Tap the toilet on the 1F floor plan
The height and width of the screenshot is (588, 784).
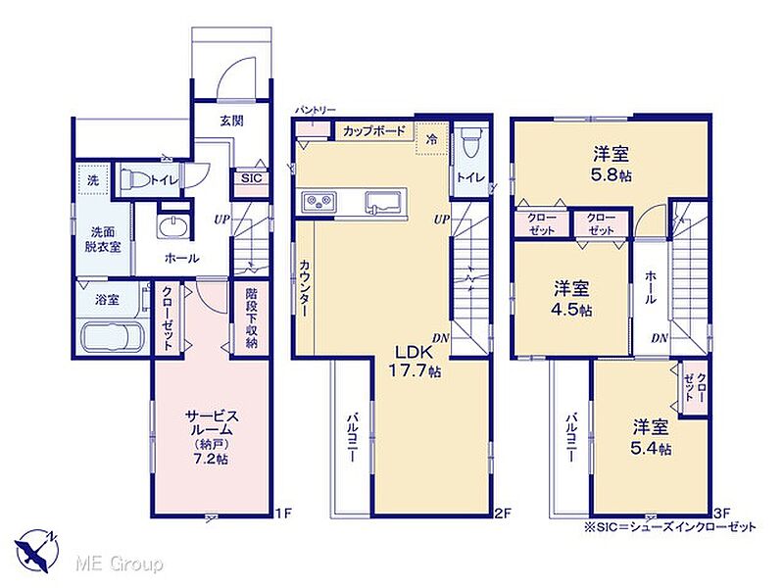[135, 179]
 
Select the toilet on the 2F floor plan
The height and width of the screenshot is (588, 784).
[470, 144]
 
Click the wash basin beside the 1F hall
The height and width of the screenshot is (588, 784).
[173, 226]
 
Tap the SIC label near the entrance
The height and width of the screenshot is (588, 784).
[251, 178]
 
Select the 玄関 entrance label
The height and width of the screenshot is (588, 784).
[231, 121]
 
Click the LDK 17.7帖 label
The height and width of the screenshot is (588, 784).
[415, 361]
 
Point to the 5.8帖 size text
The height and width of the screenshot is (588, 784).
[612, 175]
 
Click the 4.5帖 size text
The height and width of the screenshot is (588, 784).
[571, 310]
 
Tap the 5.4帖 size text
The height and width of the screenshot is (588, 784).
[651, 449]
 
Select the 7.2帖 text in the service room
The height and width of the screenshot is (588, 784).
[211, 458]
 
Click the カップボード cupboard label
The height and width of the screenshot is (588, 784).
[374, 131]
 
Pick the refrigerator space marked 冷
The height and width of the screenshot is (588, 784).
[430, 139]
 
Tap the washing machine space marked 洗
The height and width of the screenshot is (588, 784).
[93, 180]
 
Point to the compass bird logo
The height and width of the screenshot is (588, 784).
[36, 550]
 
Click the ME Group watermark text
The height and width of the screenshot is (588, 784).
[119, 564]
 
